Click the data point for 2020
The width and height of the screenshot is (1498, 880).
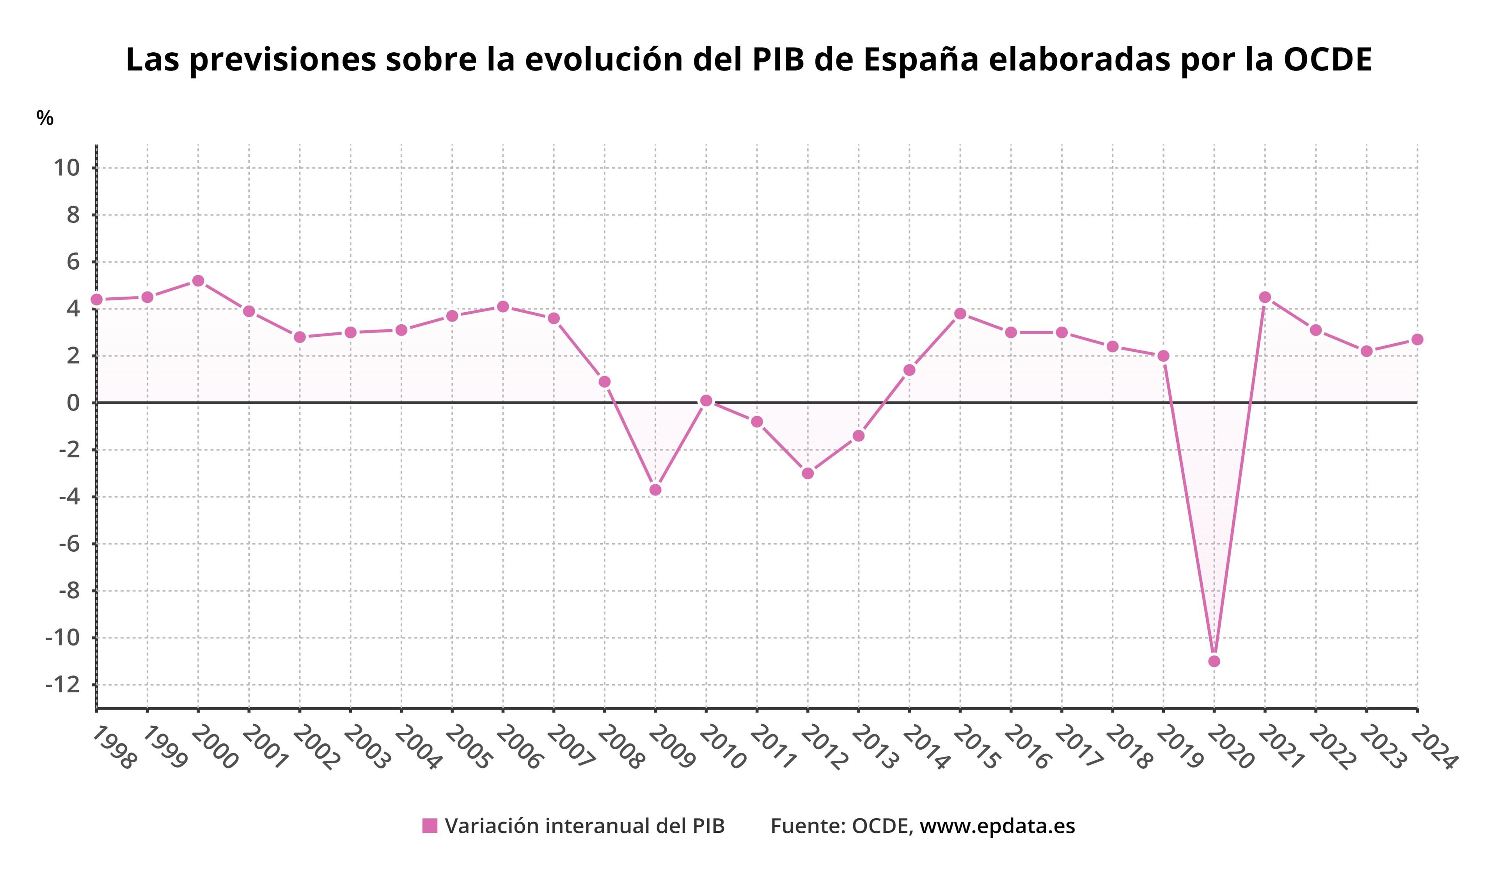pos(1214,661)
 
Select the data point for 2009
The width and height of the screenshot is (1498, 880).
pos(655,490)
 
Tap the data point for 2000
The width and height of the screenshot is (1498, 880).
pos(198,281)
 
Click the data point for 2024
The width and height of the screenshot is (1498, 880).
pos(1417,340)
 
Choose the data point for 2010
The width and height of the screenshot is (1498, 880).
pos(706,401)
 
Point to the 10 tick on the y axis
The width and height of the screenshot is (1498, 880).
pos(67,168)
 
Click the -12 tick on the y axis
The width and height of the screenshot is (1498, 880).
pos(62,685)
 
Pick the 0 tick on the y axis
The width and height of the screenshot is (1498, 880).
pos(73,403)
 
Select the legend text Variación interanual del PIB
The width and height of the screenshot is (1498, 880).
pos(585,826)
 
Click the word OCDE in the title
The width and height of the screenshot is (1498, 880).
pos(1328,59)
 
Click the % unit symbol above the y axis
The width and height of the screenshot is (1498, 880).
pos(44,118)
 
